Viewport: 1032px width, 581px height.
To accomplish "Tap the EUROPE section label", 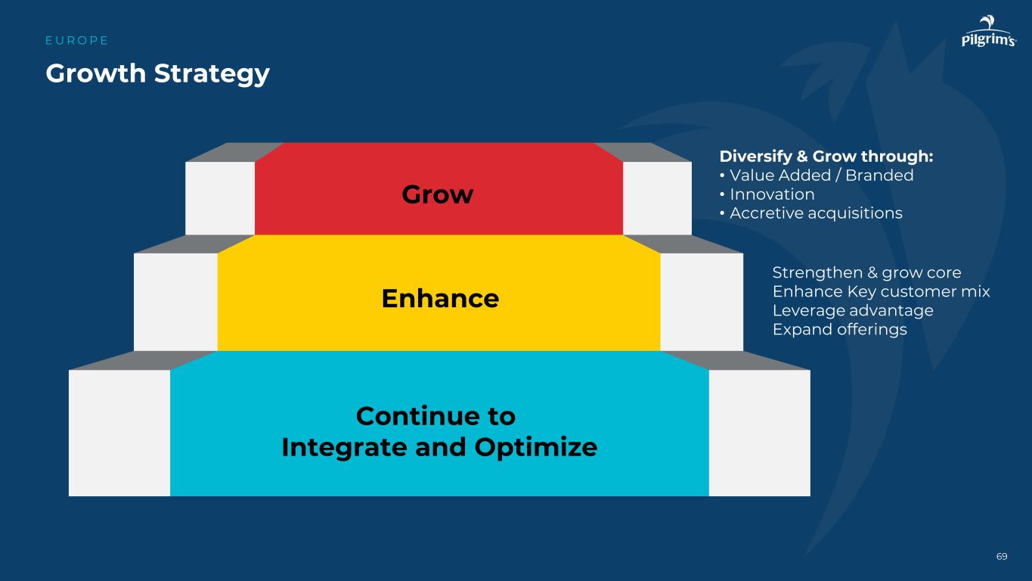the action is [77, 41].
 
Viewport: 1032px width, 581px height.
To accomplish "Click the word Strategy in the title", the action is [212, 74].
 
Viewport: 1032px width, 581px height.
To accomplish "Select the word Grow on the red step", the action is [437, 194].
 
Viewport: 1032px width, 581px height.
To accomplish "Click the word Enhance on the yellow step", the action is [440, 298].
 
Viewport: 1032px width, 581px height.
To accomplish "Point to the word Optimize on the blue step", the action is [536, 448].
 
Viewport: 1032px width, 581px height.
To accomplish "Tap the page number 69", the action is [1002, 557].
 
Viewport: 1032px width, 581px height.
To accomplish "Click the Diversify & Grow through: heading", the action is [826, 157].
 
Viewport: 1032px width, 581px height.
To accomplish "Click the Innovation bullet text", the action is [772, 194].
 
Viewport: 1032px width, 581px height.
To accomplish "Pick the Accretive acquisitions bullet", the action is [816, 213].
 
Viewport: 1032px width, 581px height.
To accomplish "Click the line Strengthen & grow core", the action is [866, 272].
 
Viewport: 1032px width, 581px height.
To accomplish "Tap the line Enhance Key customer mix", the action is [881, 291].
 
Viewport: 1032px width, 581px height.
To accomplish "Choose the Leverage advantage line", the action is [853, 310].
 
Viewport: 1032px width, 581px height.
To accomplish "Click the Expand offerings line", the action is [839, 329].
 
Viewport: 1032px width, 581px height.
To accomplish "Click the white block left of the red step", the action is [220, 198].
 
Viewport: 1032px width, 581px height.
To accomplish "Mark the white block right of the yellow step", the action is [702, 302].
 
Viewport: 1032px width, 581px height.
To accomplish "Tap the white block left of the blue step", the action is [119, 433].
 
